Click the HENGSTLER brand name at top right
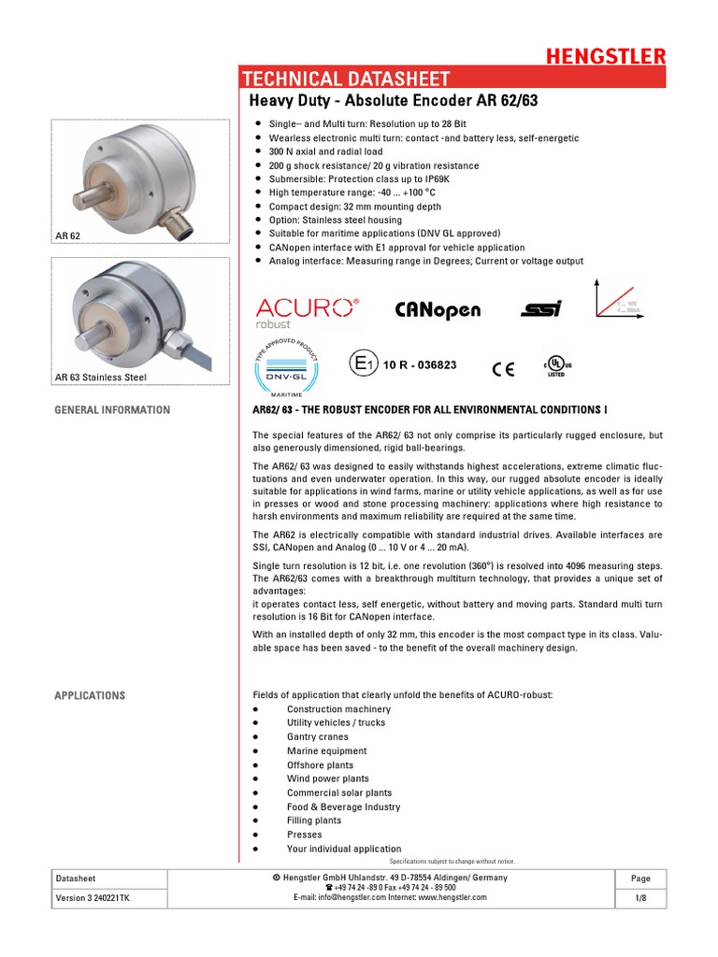pos(606,56)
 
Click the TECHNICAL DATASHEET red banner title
pos(347,79)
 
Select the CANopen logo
pos(438,309)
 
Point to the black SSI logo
pos(542,309)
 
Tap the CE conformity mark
pos(503,368)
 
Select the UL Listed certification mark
pos(556,364)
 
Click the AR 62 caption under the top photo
pos(68,236)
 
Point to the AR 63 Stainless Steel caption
pos(100,378)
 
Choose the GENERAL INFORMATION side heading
pos(112,410)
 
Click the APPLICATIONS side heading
pos(90,695)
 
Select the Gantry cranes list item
pos(318,736)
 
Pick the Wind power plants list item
pos(327,778)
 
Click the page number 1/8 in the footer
pos(640,898)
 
